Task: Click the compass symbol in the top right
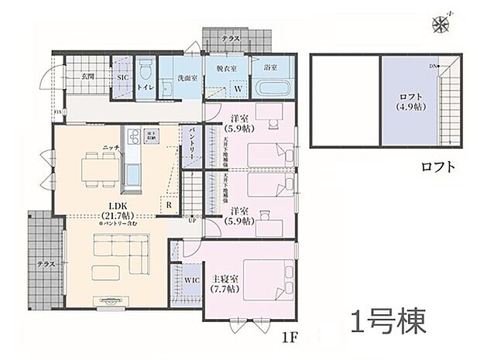pyautogui.click(x=444, y=24)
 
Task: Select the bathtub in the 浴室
pyautogui.click(x=273, y=86)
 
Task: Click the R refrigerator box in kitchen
pyautogui.click(x=169, y=205)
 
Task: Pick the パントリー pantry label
pyautogui.click(x=191, y=145)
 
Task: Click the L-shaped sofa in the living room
pyautogui.click(x=116, y=249)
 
